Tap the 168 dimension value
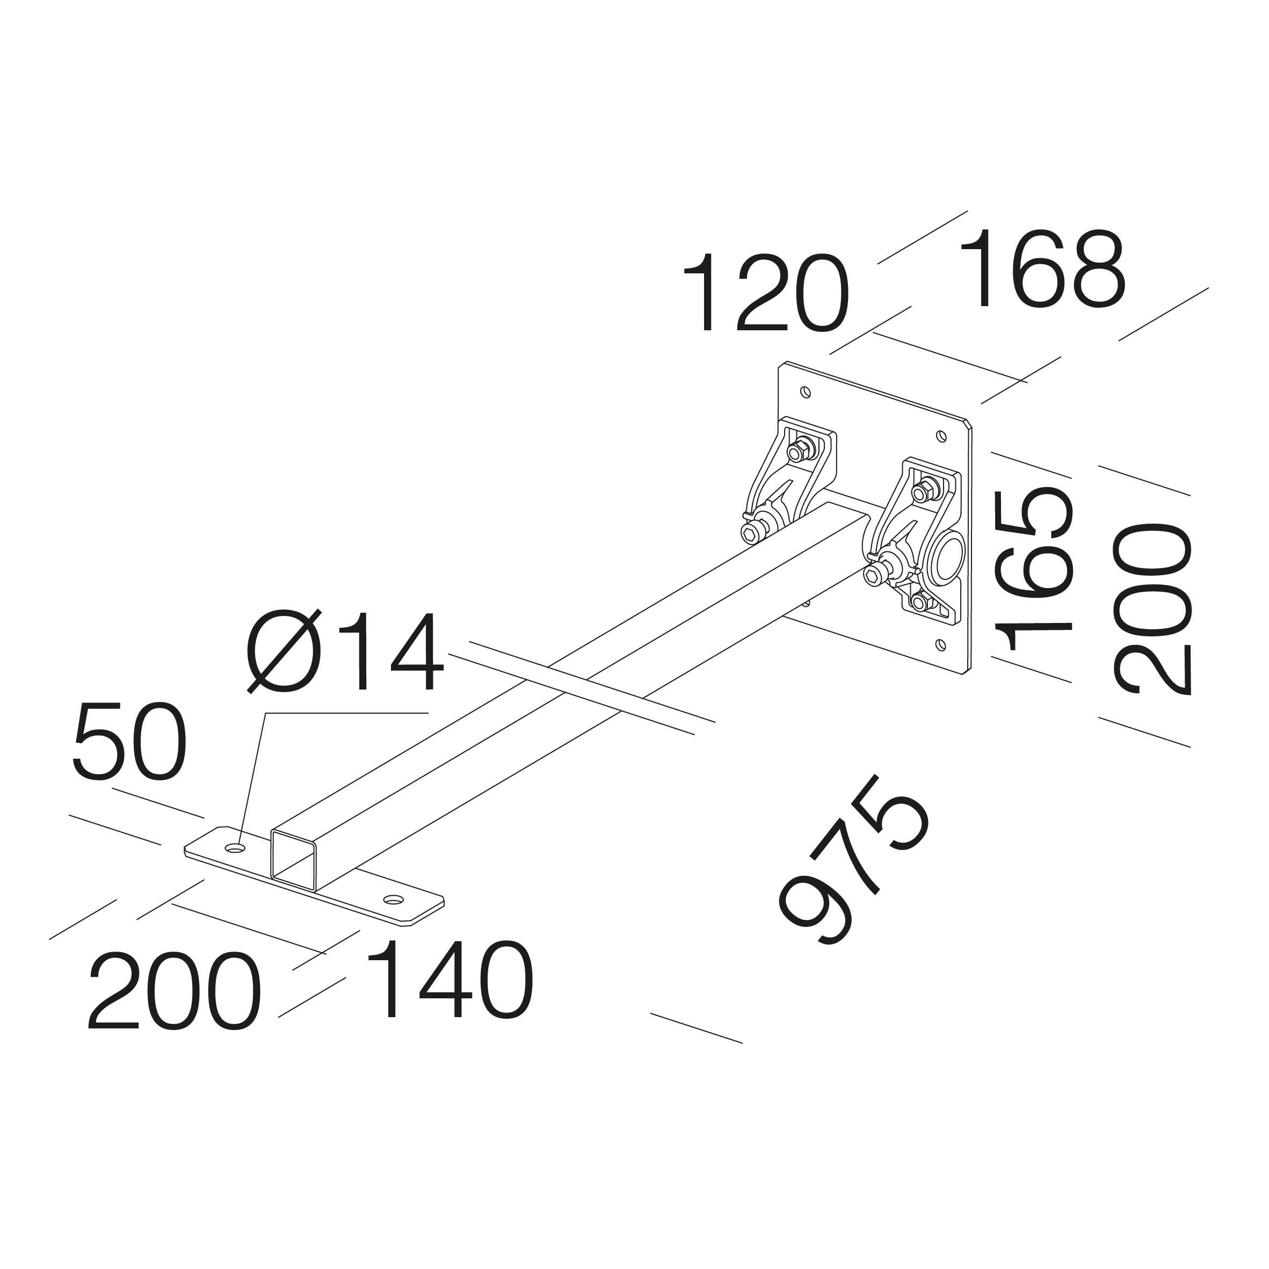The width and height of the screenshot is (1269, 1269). coord(1043,269)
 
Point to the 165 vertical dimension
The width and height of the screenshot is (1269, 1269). coord(1033,568)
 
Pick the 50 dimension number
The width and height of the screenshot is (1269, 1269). coord(130,742)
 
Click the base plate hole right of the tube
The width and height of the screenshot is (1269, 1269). coord(394,898)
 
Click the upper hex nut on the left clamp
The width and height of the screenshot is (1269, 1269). coord(799,451)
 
